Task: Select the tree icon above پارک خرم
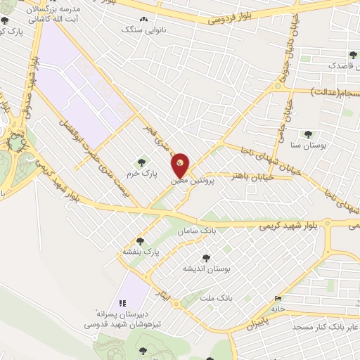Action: click(146, 162)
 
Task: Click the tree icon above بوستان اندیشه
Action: click(205, 258)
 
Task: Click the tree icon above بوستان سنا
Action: click(307, 134)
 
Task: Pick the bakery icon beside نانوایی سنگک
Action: click(143, 21)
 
